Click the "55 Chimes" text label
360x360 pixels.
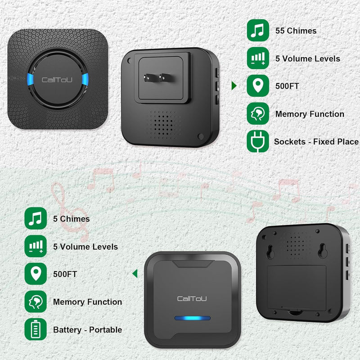click(x=296, y=31)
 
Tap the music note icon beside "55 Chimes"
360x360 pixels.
click(x=258, y=31)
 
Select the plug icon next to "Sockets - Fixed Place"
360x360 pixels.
click(x=258, y=141)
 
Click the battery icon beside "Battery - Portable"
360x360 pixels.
click(x=36, y=329)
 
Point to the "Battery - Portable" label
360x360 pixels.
click(x=87, y=330)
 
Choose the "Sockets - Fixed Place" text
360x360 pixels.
click(x=316, y=142)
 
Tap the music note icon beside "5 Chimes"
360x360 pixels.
click(x=36, y=219)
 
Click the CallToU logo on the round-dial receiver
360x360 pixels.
click(x=57, y=80)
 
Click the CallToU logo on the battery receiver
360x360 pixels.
click(x=192, y=298)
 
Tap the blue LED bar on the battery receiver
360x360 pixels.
click(x=192, y=319)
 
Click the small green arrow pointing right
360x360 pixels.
click(x=234, y=85)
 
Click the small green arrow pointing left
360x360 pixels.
click(x=135, y=273)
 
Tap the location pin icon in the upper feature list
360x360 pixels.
click(x=258, y=86)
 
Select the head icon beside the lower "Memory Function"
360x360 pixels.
click(x=36, y=301)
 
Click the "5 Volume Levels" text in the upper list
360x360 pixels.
click(x=308, y=58)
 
